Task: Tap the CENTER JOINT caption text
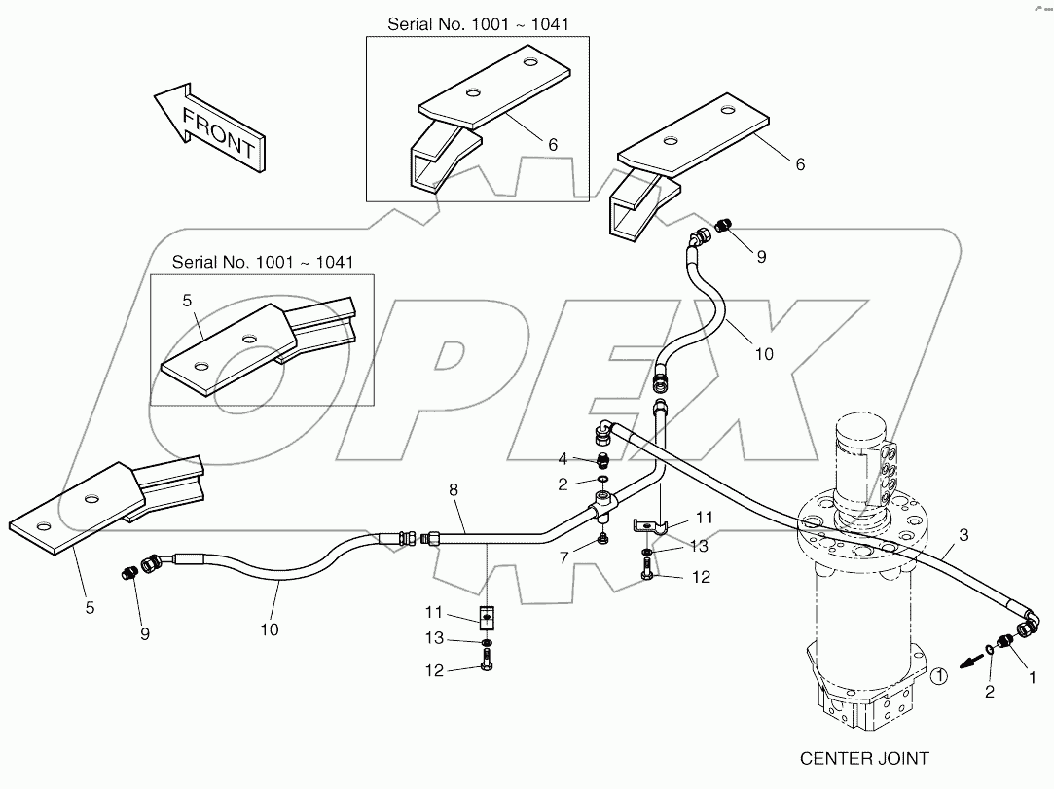[864, 757]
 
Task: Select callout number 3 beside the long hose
[963, 534]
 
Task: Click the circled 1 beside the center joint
[937, 674]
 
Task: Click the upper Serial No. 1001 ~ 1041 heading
[477, 22]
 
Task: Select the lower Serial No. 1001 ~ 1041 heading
[262, 262]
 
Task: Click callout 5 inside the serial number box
[187, 302]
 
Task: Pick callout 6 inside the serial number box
[552, 144]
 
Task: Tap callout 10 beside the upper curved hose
[764, 354]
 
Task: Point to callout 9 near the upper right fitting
[761, 257]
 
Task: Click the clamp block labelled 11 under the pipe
[486, 617]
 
